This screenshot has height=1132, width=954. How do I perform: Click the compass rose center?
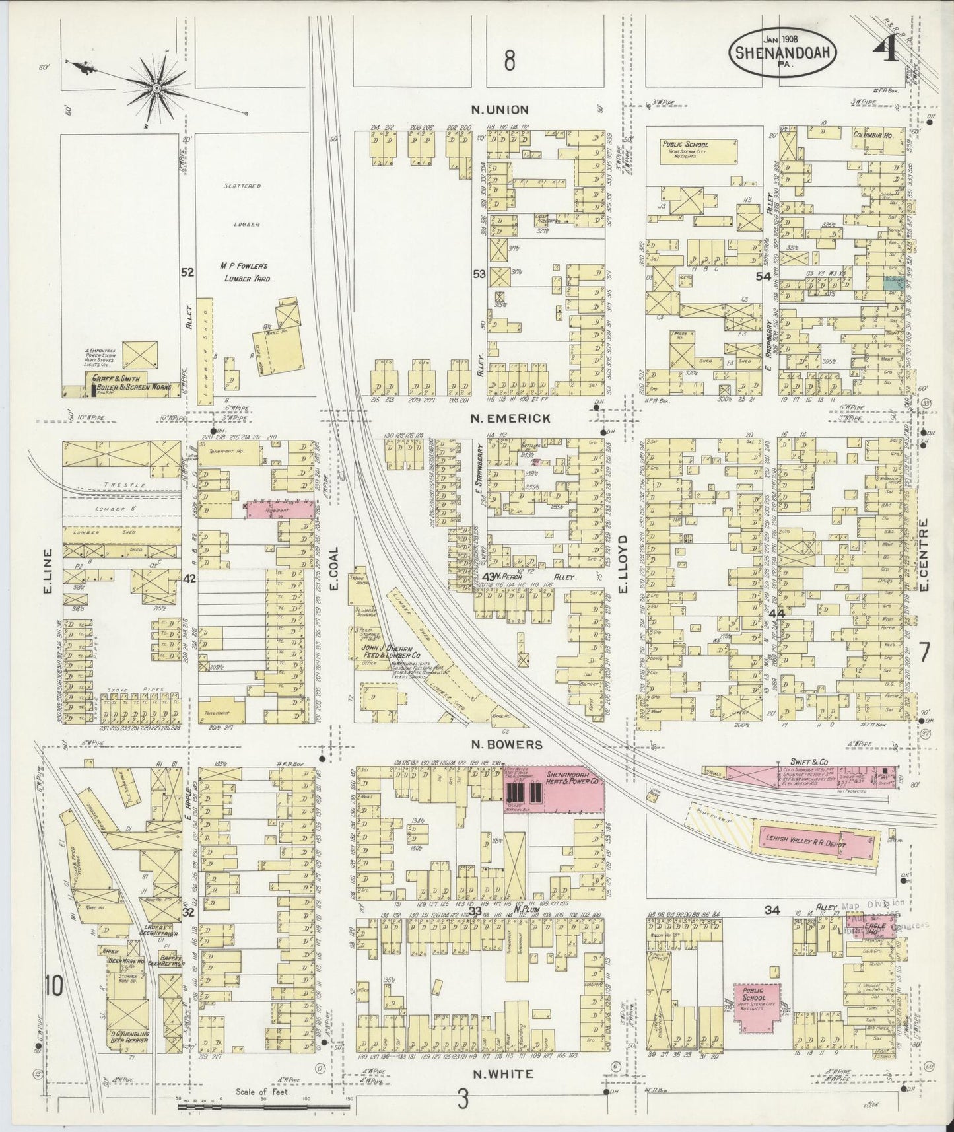(x=157, y=88)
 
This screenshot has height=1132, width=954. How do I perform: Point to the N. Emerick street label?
(x=507, y=418)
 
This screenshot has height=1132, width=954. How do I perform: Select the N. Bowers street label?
(x=506, y=745)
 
